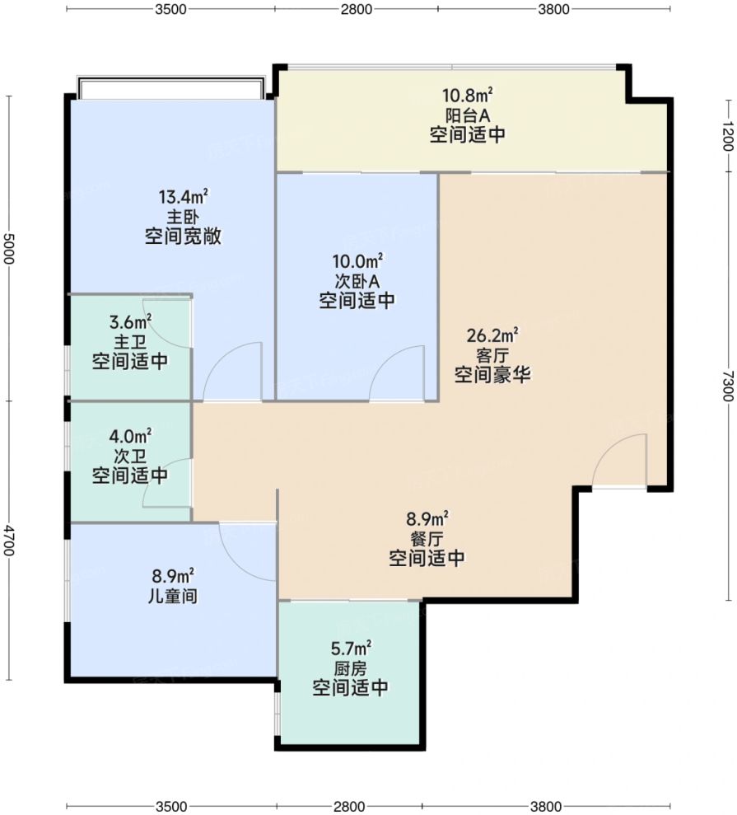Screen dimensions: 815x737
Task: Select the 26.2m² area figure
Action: point(492,335)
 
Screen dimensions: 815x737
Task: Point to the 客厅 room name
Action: point(492,355)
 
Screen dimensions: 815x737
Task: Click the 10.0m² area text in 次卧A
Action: point(356,261)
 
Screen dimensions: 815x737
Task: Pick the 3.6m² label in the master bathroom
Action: point(130,321)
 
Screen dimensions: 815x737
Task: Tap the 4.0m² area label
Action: point(130,436)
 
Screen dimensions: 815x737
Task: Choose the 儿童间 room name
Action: point(175,595)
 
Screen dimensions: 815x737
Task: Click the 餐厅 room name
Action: point(427,539)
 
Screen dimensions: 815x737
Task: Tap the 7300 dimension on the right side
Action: point(726,385)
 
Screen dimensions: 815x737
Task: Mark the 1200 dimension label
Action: point(726,134)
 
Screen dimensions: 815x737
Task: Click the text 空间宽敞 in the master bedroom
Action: point(184,237)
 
